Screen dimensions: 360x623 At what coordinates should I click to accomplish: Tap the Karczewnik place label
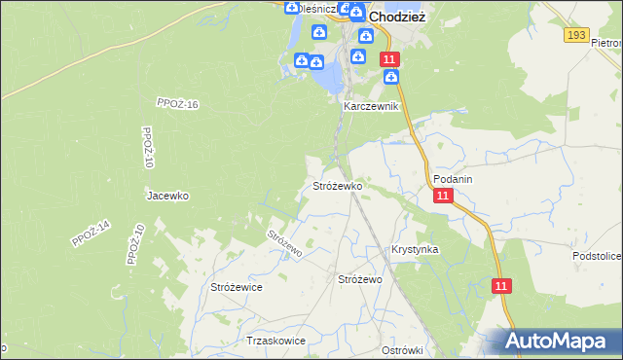(371, 106)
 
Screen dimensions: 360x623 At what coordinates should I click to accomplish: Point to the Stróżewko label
(337, 185)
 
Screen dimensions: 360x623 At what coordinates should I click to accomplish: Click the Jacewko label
(166, 195)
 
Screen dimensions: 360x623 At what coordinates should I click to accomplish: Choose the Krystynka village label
(415, 249)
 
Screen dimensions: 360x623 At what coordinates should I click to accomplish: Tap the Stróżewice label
(237, 287)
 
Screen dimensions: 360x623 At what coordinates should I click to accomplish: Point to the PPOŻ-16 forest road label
(177, 103)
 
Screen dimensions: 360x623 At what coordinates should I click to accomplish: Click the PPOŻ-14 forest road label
(92, 234)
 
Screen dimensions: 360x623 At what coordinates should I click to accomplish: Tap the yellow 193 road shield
(577, 35)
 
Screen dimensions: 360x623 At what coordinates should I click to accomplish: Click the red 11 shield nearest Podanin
(444, 196)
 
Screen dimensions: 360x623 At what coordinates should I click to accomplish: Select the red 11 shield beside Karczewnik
(389, 60)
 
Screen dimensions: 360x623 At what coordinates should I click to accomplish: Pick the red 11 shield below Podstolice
(501, 286)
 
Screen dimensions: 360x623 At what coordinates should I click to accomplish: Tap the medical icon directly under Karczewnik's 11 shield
(391, 78)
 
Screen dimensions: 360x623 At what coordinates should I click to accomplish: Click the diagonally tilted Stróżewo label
(285, 242)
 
